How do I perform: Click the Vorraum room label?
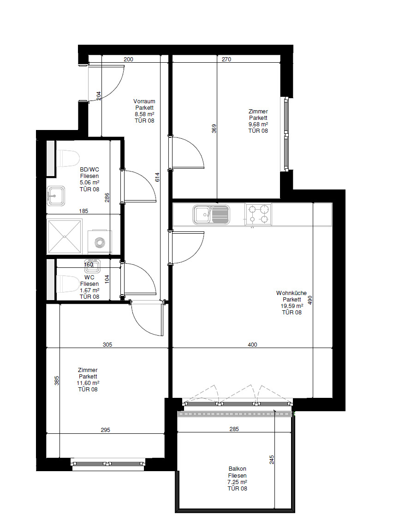144,101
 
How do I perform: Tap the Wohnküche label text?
291,293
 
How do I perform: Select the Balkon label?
237,469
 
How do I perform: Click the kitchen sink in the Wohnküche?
211,214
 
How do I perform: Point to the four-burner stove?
258,214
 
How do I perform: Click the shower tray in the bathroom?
65,236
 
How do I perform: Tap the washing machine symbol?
100,242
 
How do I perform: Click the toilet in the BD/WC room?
68,159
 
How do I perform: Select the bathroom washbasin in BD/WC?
56,196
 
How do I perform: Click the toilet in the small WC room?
67,284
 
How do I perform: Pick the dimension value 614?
157,177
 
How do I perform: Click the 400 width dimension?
252,345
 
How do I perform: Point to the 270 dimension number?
226,59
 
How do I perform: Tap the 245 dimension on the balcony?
272,460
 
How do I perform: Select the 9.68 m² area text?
258,124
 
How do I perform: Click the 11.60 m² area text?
88,383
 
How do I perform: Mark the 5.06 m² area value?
89,183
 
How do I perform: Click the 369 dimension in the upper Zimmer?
214,129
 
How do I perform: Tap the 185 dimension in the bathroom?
83,211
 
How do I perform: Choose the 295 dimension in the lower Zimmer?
106,430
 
